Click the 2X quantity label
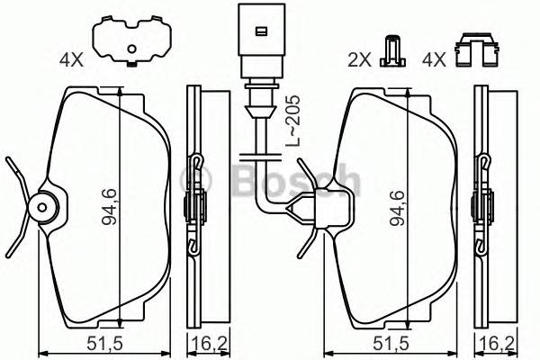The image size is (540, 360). coord(360,62)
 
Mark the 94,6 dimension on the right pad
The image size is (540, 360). coord(397,208)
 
